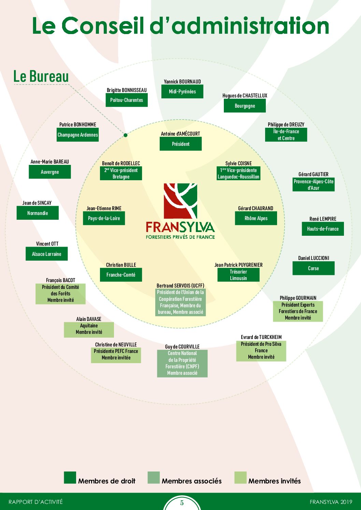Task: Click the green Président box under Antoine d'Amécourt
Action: (x=180, y=144)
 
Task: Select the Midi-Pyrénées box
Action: (x=182, y=92)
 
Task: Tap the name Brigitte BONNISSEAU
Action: (x=127, y=90)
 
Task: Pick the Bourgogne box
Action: (x=245, y=106)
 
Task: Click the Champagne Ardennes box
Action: (x=77, y=135)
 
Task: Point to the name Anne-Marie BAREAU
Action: (x=50, y=161)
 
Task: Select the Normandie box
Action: (x=38, y=213)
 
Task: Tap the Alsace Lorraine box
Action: (x=46, y=253)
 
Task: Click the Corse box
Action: (x=314, y=268)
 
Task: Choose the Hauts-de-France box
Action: (x=323, y=229)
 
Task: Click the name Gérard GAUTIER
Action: (x=313, y=174)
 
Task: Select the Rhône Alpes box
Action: (x=256, y=218)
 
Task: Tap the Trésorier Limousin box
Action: (x=238, y=275)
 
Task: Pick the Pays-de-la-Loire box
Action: (x=104, y=218)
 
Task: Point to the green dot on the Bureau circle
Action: (x=125, y=135)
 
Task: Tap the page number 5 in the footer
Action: (x=182, y=503)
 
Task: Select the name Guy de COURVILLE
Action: (x=182, y=346)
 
